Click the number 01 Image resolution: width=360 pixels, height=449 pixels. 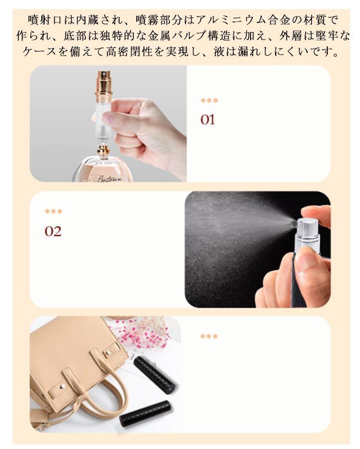pos(207,120)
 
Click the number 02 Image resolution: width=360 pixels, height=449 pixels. pos(53,231)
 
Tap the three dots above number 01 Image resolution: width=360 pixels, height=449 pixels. pos(209,100)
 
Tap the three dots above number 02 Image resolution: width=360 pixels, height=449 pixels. pos(53,211)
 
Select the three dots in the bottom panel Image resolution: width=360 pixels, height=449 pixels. pos(209,336)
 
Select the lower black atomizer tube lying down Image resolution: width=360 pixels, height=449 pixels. pos(145,414)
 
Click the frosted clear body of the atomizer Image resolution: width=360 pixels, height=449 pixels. pos(103,120)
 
